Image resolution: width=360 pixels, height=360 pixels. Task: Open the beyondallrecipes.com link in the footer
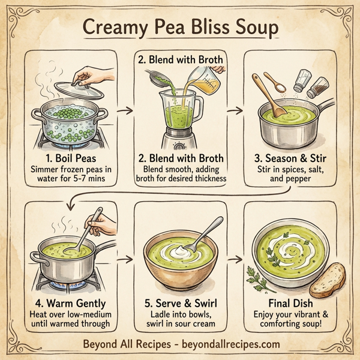pyautogui.click(x=231, y=345)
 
